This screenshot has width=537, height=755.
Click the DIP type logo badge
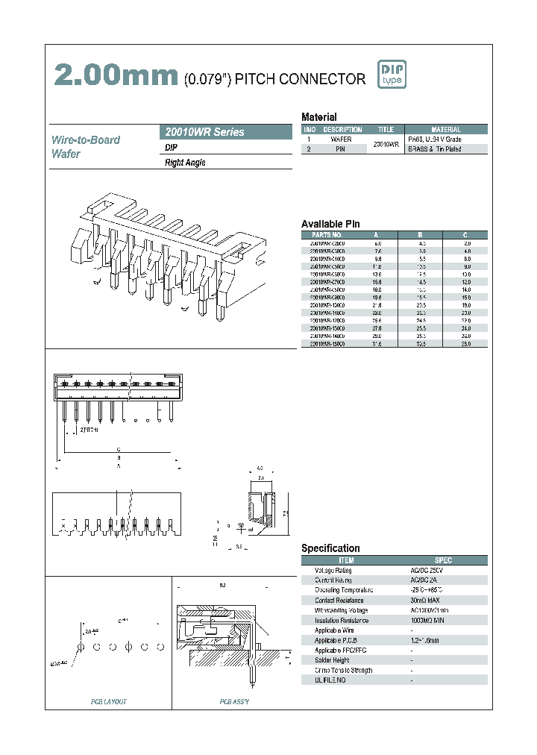pos(390,74)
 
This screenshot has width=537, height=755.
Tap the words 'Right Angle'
pos(185,163)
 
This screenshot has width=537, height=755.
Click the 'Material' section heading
pos(318,117)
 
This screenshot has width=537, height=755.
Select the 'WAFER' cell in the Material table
pos(341,140)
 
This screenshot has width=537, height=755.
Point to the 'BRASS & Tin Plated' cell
pos(435,149)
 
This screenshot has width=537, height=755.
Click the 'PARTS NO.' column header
pos(326,235)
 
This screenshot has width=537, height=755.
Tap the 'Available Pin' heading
pos(330,224)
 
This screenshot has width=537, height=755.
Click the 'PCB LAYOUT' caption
pos(109,701)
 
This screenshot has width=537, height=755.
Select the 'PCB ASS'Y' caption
pos(233,701)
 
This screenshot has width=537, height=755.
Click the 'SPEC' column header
pos(443,560)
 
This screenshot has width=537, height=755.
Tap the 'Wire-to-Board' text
pos(85,140)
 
